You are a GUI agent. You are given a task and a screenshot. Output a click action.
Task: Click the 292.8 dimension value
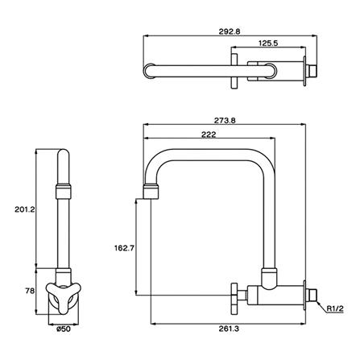[x=230, y=31]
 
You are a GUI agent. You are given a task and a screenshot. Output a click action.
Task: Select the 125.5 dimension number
[x=268, y=43]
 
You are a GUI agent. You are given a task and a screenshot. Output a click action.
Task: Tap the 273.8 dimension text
[x=225, y=120]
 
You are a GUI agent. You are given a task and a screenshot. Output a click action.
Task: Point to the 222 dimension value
[x=209, y=134]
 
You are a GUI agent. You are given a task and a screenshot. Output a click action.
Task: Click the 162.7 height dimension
[x=124, y=248]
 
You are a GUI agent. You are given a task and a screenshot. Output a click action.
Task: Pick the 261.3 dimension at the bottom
[x=229, y=329]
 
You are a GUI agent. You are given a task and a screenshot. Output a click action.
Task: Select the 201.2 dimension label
[x=25, y=209]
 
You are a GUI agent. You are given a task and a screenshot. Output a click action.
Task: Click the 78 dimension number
[x=30, y=291]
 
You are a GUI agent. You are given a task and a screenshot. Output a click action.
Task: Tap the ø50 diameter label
[x=64, y=329]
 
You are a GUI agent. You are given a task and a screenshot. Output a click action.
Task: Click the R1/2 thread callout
[x=335, y=309]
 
